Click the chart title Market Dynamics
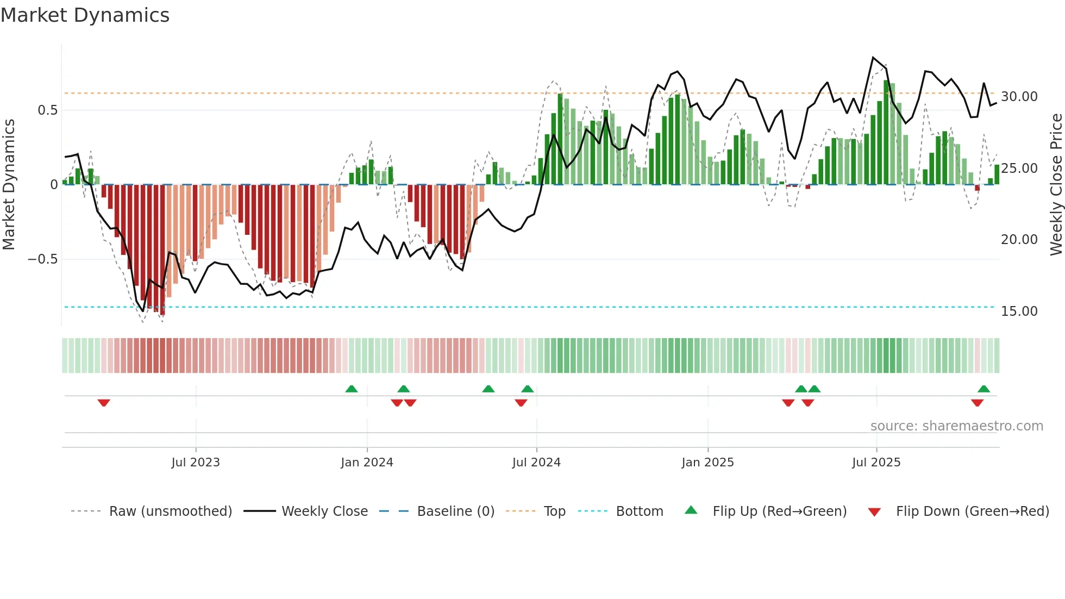[85, 15]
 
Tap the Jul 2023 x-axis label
[196, 463]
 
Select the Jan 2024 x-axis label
[367, 463]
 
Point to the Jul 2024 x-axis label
[536, 463]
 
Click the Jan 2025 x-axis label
[707, 463]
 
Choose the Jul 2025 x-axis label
[876, 463]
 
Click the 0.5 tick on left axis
[47, 110]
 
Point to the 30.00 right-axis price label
[1019, 97]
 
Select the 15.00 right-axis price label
[1019, 311]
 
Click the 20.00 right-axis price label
[1019, 240]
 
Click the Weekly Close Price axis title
[1056, 185]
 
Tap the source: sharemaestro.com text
[956, 426]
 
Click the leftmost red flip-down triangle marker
[104, 403]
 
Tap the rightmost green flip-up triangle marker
[983, 389]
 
